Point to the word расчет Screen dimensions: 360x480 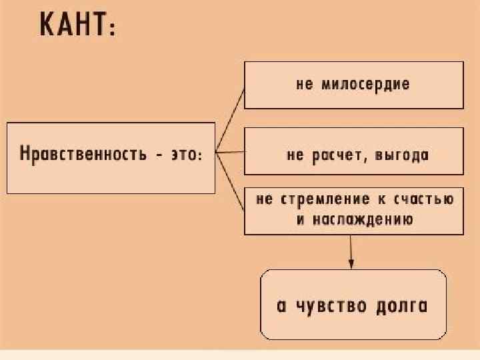[335, 156]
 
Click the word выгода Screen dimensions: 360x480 [402, 156]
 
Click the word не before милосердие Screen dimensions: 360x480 [304, 85]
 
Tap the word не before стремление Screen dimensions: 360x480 [264, 200]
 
